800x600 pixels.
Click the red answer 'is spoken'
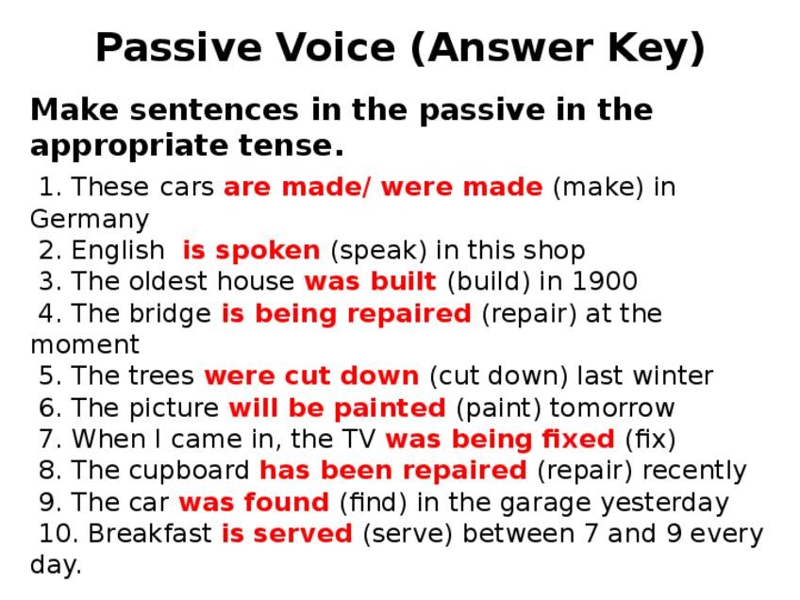pos(252,251)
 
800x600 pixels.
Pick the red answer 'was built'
pos(371,281)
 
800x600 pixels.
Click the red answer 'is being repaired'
pos(346,314)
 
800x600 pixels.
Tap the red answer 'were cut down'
pos(311,376)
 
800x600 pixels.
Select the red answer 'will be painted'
pos(337,408)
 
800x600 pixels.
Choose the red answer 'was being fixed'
pos(500,440)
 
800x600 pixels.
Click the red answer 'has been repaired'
pos(392,471)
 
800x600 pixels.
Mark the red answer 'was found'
pos(254,502)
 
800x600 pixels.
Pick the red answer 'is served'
pos(287,534)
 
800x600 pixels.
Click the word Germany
pos(90,220)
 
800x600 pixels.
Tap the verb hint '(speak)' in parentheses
pos(378,251)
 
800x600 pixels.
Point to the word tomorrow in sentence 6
pos(611,408)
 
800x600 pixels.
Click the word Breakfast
pos(150,534)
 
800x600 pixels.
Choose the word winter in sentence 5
pos(673,376)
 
